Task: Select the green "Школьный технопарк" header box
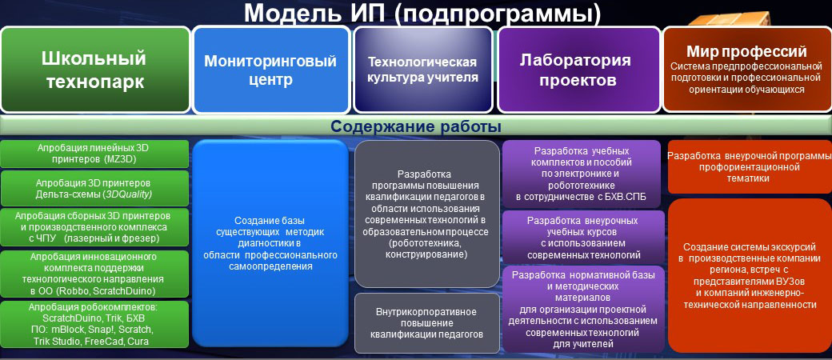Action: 95,70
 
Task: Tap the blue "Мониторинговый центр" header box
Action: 270,70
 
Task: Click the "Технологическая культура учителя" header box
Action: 423,70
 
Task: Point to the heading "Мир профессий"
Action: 746,52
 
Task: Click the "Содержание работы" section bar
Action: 416,127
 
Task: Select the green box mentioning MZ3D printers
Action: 95,154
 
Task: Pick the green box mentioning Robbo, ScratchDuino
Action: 95,274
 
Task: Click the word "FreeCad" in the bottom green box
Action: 104,341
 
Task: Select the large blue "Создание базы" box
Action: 270,243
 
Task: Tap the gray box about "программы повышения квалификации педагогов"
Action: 427,214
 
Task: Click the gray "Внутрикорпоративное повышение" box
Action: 427,323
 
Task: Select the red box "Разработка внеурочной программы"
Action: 750,167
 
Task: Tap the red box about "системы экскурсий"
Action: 750,275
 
